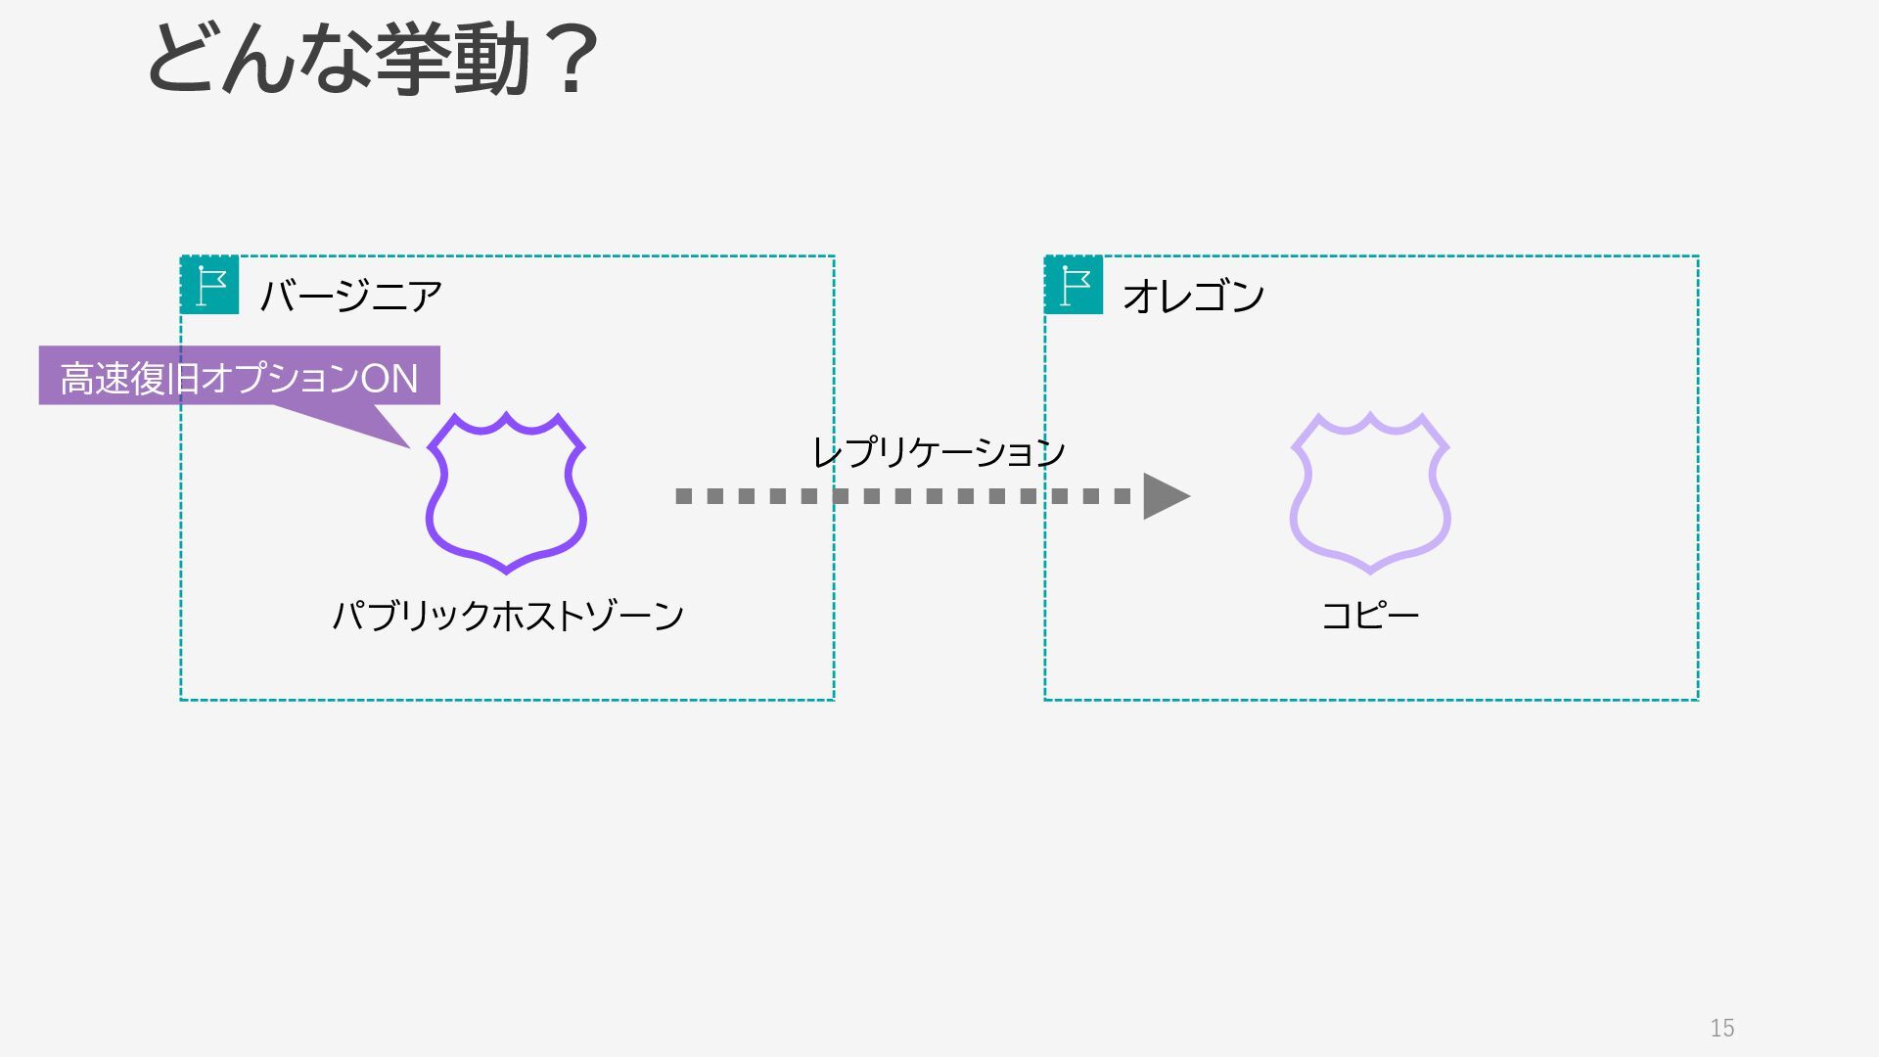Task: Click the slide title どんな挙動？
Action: click(x=372, y=61)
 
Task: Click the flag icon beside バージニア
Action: click(x=210, y=285)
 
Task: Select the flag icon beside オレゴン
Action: click(x=1075, y=285)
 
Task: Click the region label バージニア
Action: click(x=351, y=296)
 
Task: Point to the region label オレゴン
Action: click(x=1194, y=296)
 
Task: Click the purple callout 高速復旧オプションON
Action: click(x=239, y=376)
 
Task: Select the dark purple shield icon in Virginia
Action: click(x=506, y=492)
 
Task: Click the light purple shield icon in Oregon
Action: click(x=1370, y=492)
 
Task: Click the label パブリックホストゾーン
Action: click(x=508, y=616)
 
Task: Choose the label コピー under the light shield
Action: click(x=1370, y=616)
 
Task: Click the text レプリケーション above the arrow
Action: click(x=939, y=452)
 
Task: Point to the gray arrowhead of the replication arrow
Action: click(x=1165, y=495)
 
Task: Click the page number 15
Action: click(x=1722, y=1028)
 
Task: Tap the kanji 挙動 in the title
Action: click(x=452, y=61)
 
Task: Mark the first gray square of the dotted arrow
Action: click(x=684, y=496)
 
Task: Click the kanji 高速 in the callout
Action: click(x=95, y=378)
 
